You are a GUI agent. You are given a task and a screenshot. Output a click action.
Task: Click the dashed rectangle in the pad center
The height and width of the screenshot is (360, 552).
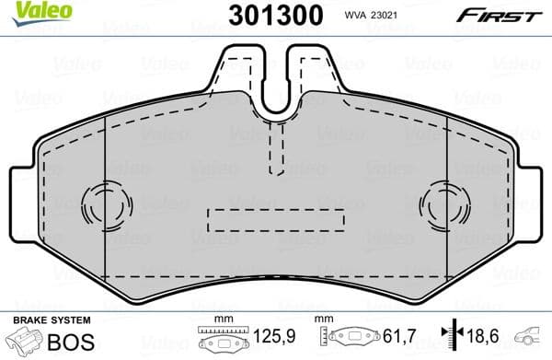(x=276, y=220)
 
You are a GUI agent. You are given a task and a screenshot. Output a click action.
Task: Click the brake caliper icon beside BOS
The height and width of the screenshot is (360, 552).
(x=22, y=342)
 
